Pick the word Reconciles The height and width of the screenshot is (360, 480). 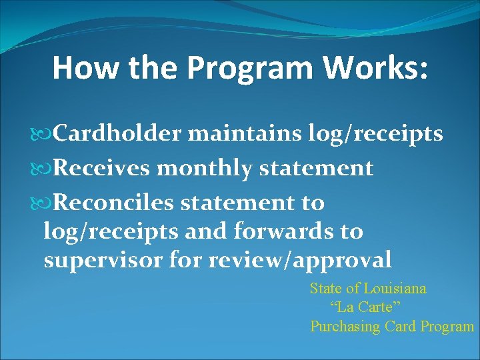tap(114, 202)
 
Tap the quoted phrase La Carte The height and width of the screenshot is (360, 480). tap(365, 307)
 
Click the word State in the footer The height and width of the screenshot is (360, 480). tap(325, 289)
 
